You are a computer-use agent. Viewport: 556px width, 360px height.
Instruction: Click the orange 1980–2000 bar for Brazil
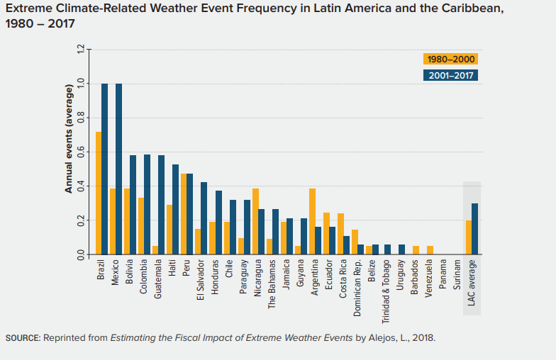click(99, 193)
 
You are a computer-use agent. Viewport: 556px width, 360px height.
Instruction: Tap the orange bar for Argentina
click(312, 221)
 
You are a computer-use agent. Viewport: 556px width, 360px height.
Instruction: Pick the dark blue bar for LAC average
click(475, 229)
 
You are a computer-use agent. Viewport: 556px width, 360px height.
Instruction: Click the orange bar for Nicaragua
click(255, 221)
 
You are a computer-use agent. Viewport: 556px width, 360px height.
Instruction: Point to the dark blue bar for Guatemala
click(162, 205)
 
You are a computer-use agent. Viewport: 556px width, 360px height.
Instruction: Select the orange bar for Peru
click(184, 214)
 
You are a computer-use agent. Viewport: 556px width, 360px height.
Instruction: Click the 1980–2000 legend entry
click(450, 60)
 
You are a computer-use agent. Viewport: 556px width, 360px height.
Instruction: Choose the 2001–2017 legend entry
click(450, 75)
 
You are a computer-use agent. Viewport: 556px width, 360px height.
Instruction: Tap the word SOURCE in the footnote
click(22, 337)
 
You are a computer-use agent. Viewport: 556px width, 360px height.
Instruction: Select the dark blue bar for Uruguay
click(402, 249)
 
